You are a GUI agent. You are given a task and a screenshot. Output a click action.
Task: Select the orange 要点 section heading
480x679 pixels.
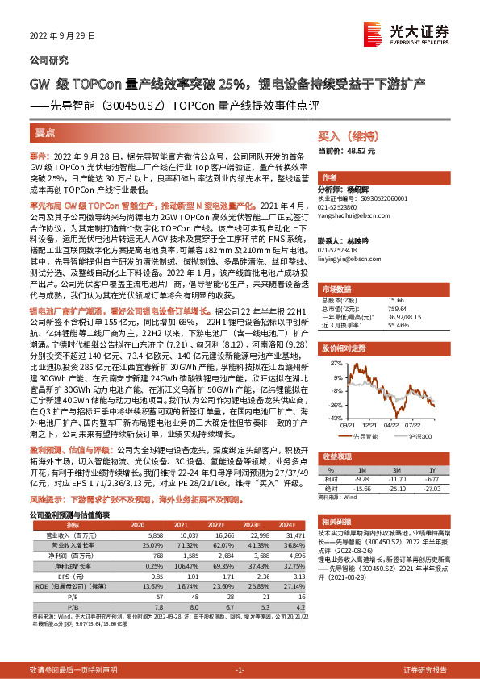coord(45,132)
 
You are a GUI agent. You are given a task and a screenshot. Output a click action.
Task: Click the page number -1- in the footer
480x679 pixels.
coord(240,670)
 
